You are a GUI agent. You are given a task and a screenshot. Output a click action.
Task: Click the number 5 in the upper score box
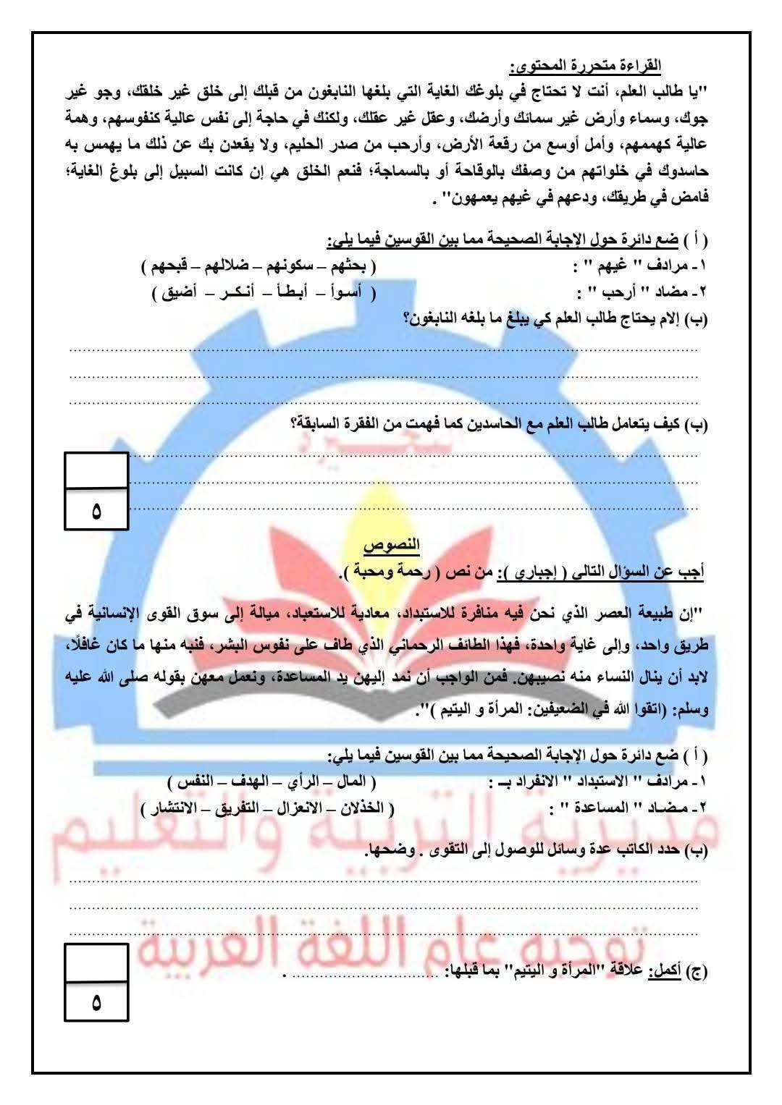coord(96,512)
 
